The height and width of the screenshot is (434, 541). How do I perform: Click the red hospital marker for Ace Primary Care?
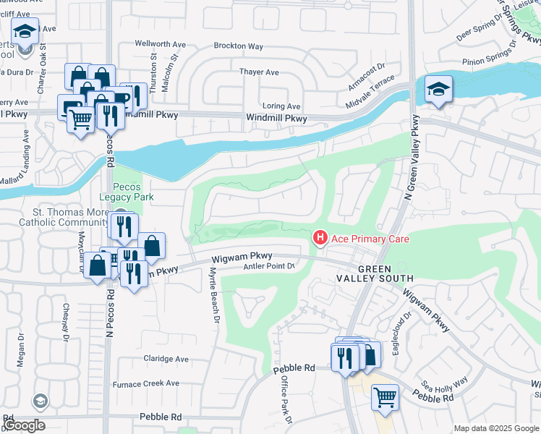[x=318, y=237]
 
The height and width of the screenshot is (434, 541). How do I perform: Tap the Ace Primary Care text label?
[x=370, y=239]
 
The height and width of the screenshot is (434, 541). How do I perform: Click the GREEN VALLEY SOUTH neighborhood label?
[x=375, y=273]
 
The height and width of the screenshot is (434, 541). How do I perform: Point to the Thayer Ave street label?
[x=259, y=72]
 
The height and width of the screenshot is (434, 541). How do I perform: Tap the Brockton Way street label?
[x=238, y=46]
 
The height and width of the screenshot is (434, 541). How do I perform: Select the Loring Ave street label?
[x=281, y=106]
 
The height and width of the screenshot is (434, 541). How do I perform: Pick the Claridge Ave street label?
[x=166, y=359]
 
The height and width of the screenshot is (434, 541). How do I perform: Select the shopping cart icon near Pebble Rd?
[x=385, y=397]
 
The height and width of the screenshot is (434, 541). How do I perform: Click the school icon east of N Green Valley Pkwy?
[x=438, y=90]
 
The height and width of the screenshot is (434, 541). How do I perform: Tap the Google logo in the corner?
[x=24, y=425]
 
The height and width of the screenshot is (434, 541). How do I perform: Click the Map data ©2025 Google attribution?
[x=496, y=428]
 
